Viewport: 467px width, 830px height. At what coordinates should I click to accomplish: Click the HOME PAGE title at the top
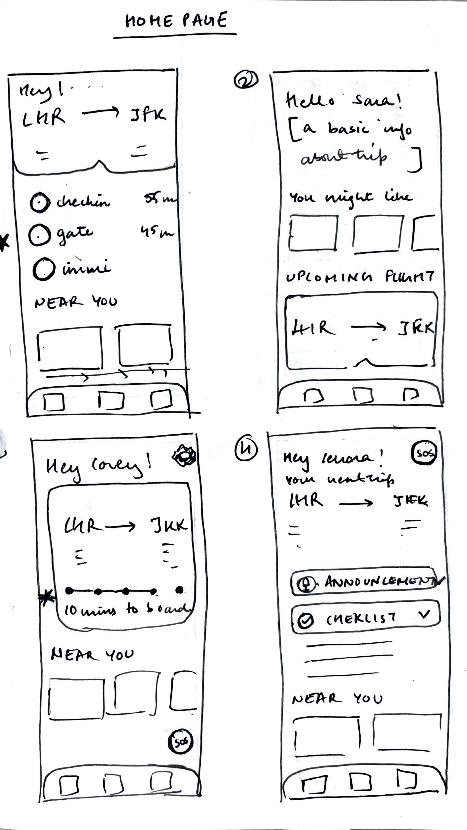click(x=176, y=21)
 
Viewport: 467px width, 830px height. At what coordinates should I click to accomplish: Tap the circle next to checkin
click(x=40, y=202)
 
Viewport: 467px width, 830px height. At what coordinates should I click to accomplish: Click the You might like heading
click(x=350, y=197)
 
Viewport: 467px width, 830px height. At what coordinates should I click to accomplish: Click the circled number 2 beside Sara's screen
click(x=246, y=80)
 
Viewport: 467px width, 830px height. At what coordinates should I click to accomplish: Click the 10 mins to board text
click(x=127, y=609)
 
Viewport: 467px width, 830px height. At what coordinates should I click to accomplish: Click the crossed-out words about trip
click(x=343, y=157)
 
